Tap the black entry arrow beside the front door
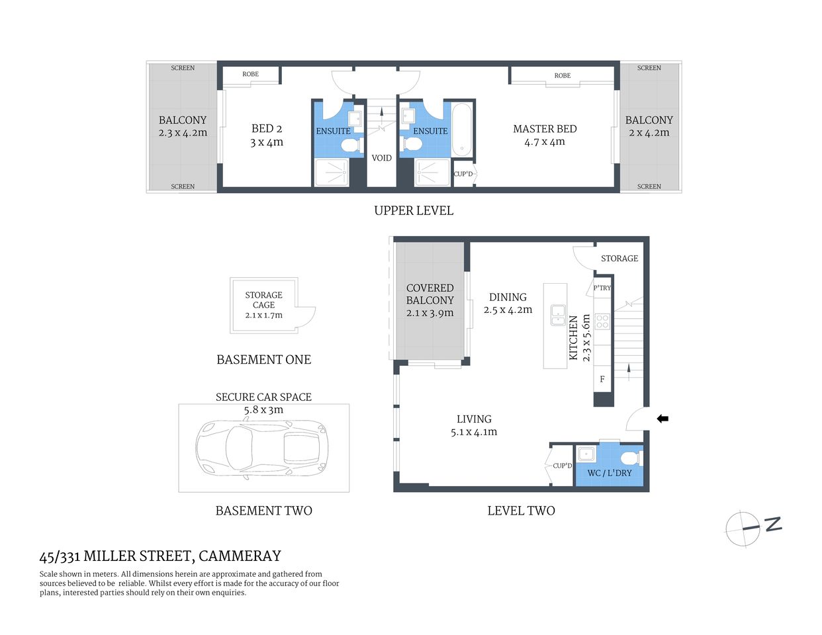click(662, 419)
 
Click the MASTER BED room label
click(545, 129)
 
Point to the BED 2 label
click(267, 129)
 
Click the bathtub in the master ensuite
click(462, 130)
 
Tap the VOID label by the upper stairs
click(381, 158)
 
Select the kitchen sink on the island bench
click(558, 316)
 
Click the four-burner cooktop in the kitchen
click(602, 321)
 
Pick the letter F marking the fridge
click(602, 379)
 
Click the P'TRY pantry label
click(602, 288)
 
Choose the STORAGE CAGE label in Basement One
click(263, 300)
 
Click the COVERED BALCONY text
click(430, 294)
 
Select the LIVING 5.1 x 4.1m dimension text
click(474, 432)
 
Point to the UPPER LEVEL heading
click(414, 210)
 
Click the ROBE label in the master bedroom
click(563, 75)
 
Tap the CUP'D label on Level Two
click(563, 466)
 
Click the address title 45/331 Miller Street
click(160, 556)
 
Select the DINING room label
click(508, 298)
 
